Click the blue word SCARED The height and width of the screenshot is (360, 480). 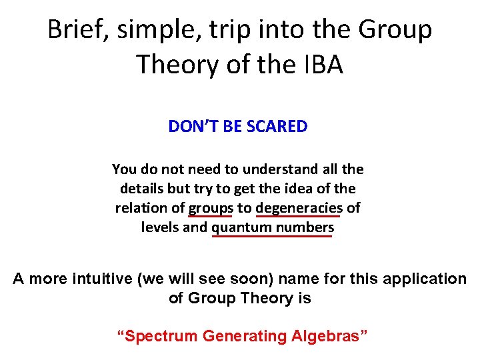pyautogui.click(x=277, y=127)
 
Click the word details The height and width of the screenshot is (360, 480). pyautogui.click(x=141, y=189)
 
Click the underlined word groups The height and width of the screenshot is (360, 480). pyautogui.click(x=209, y=208)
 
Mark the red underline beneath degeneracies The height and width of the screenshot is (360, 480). pyautogui.click(x=299, y=216)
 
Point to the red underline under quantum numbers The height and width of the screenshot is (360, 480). pyautogui.click(x=272, y=236)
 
